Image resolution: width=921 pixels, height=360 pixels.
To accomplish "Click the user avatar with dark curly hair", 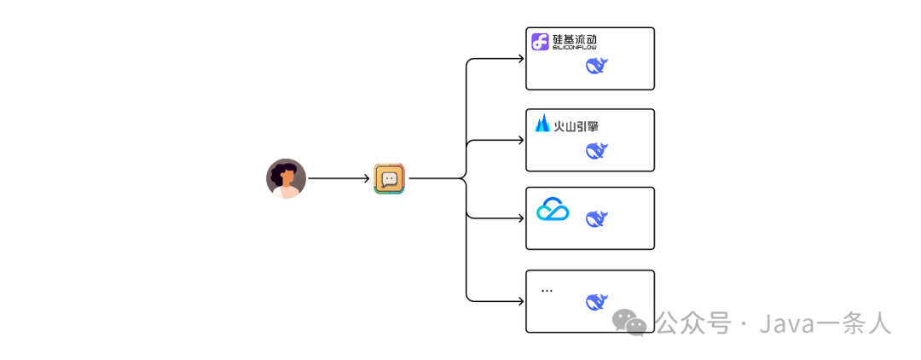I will click(286, 179).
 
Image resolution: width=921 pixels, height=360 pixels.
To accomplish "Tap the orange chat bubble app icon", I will click(390, 179).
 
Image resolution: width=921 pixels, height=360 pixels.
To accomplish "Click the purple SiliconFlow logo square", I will click(540, 43).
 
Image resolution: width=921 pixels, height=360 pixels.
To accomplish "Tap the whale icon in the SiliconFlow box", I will click(597, 66).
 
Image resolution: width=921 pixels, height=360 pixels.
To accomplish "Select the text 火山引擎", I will click(576, 126).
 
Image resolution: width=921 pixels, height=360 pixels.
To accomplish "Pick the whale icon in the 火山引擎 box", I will click(597, 151).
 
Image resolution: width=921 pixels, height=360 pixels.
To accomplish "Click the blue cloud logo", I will click(553, 210).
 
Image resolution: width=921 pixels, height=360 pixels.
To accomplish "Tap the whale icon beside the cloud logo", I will click(597, 218).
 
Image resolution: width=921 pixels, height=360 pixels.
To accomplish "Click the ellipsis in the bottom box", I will click(547, 291).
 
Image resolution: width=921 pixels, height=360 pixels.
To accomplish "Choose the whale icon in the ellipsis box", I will click(597, 301).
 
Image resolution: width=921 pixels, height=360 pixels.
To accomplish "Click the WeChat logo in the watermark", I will click(632, 322).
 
